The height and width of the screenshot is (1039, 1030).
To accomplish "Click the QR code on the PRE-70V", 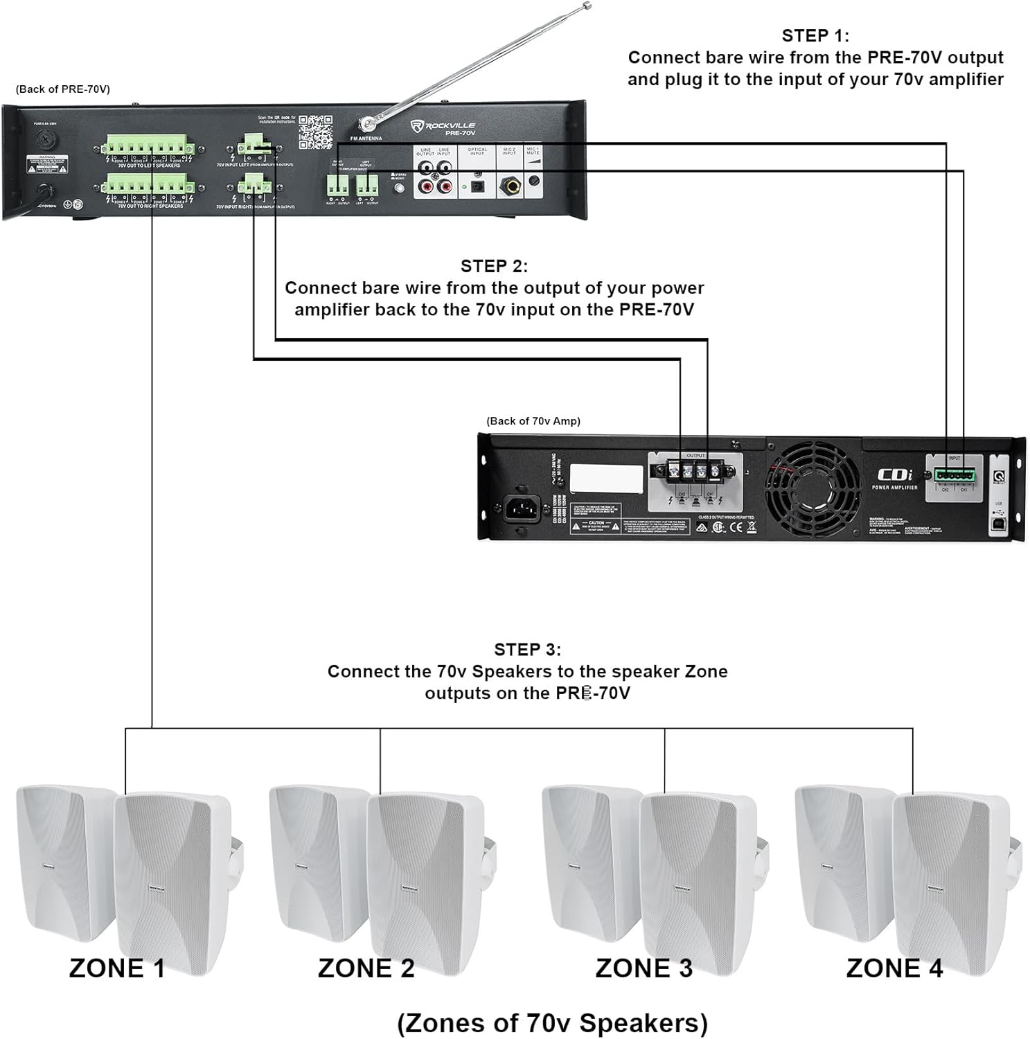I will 315,132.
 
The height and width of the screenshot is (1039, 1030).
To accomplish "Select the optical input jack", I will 477,186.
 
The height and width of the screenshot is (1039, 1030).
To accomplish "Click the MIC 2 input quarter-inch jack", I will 509,185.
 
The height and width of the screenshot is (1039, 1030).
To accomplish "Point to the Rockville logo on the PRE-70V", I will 443,126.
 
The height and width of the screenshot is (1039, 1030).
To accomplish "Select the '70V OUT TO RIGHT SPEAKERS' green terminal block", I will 146,186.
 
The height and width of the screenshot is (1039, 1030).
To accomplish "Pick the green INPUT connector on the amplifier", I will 954,475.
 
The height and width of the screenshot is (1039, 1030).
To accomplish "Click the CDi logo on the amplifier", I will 895,475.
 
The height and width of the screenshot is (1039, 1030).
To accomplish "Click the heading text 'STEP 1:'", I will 815,35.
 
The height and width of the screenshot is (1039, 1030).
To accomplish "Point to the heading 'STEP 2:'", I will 494,266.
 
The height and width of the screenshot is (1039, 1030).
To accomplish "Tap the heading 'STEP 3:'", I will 527,649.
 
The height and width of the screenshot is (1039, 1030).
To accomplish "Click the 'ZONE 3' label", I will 643,968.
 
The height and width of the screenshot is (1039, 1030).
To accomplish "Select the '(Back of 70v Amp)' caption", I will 533,420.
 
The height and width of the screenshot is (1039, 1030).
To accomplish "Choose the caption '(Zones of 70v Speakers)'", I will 552,1022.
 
